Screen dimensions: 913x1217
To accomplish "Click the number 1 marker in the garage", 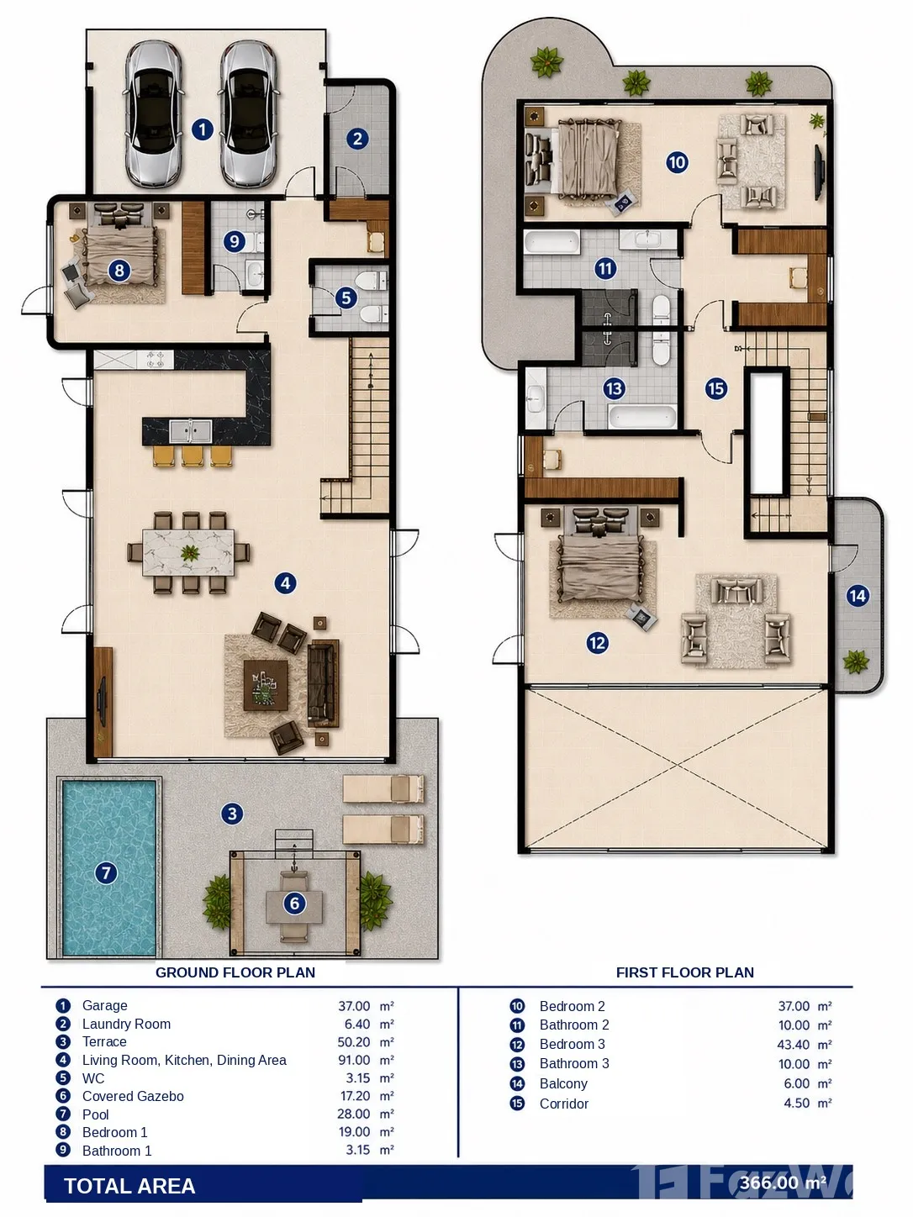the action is pyautogui.click(x=203, y=129).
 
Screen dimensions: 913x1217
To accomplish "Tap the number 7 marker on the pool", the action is pyautogui.click(x=106, y=873).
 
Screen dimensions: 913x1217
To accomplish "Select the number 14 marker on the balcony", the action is pyautogui.click(x=857, y=596).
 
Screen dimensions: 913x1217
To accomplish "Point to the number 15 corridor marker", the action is pyautogui.click(x=715, y=388).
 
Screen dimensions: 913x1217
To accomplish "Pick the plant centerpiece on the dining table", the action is pyautogui.click(x=190, y=552).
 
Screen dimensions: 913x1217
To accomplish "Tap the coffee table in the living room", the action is pyautogui.click(x=266, y=685).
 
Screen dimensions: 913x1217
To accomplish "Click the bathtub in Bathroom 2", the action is pyautogui.click(x=552, y=243).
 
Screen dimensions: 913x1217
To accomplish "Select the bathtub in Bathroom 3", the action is pyautogui.click(x=642, y=417).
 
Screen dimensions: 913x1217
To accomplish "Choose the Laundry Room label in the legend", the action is pyautogui.click(x=126, y=1024).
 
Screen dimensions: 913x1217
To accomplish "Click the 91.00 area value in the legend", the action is pyautogui.click(x=354, y=1060).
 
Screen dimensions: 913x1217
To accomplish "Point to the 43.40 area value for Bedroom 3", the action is pyautogui.click(x=794, y=1045).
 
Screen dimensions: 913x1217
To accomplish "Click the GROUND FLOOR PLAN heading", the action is pyautogui.click(x=235, y=972).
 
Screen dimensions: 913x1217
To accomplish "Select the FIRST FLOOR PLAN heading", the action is pyautogui.click(x=684, y=972).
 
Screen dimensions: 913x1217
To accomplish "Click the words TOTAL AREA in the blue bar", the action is pyautogui.click(x=129, y=1186).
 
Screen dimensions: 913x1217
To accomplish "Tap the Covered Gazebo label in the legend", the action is pyautogui.click(x=133, y=1096).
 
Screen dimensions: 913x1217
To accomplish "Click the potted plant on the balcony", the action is pyautogui.click(x=855, y=661).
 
